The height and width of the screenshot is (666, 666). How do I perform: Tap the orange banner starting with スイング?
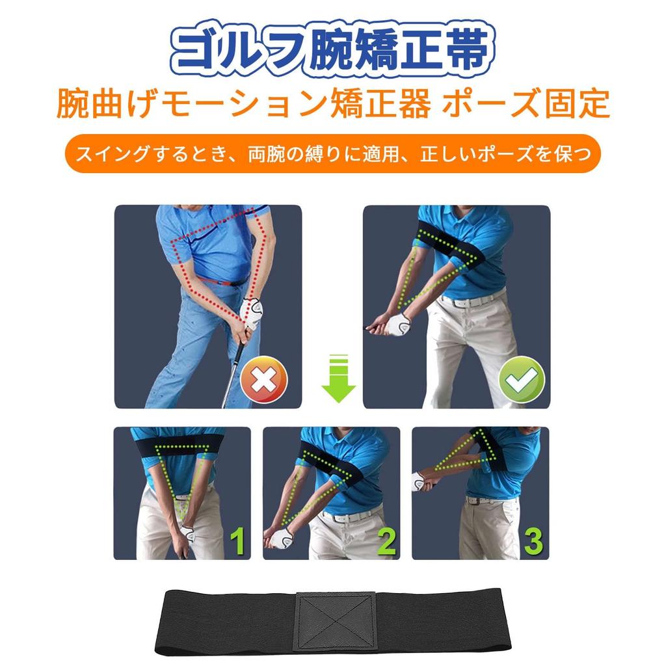pos(332,154)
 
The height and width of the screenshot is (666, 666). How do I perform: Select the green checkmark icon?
pos(522,379)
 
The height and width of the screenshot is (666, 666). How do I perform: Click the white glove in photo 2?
pos(282,537)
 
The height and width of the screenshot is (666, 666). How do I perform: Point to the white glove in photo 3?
pos(418,481)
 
